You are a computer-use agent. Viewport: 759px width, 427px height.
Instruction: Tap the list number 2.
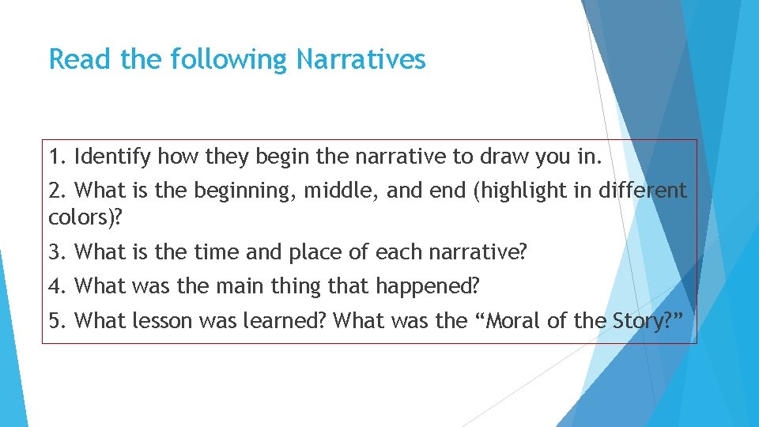pos(57,191)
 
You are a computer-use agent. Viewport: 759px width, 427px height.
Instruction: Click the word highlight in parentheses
pos(513,191)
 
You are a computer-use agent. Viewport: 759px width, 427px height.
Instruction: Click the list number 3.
pos(57,253)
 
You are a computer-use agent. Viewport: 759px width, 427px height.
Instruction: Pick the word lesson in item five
pos(164,321)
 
